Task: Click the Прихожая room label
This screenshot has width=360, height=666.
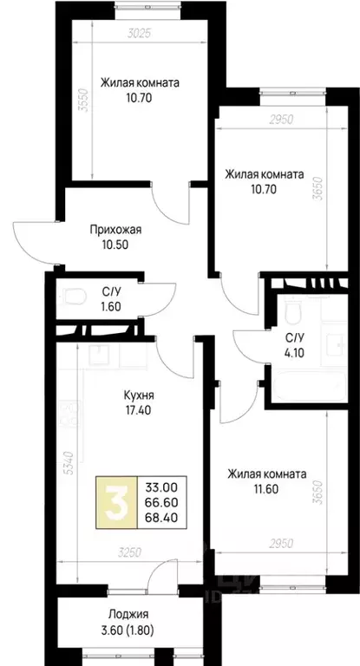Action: pyautogui.click(x=115, y=230)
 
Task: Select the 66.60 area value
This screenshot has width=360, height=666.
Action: pyautogui.click(x=163, y=502)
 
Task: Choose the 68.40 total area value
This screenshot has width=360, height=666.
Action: pyautogui.click(x=163, y=519)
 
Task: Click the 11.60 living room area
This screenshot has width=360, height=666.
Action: pyautogui.click(x=266, y=491)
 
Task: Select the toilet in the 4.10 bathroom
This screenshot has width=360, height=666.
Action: pyautogui.click(x=292, y=311)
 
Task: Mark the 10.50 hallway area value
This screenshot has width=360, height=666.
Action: pyautogui.click(x=115, y=245)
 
